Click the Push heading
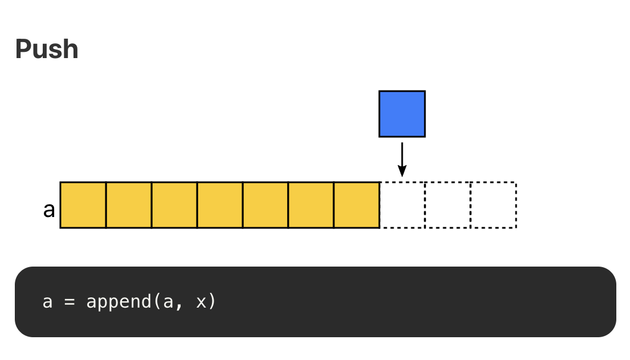point(47,50)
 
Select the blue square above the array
point(402,114)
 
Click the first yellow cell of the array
point(83,205)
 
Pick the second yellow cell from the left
point(129,205)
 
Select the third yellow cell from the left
point(174,205)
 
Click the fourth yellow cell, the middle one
point(220,205)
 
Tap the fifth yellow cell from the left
point(265,205)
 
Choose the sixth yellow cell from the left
point(310,205)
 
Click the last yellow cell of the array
point(357,205)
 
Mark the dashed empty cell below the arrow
point(402,205)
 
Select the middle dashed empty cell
point(448,205)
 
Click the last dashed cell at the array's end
point(493,205)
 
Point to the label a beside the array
point(49,210)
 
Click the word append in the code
point(118,302)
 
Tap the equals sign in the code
point(69,302)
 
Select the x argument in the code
point(201,302)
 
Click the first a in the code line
point(47,302)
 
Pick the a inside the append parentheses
point(168,302)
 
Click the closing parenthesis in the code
point(212,302)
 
